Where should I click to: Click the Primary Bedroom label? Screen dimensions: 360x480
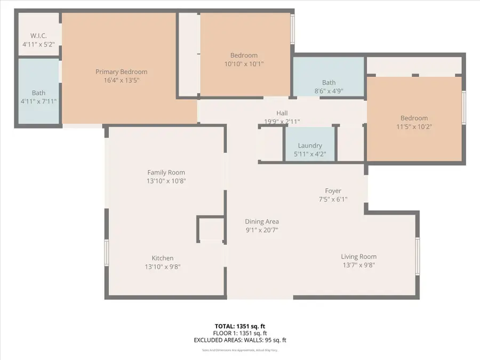tap(121, 72)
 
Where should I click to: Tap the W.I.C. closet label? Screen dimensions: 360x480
tap(38, 36)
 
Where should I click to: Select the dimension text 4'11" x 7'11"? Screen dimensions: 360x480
tap(38, 101)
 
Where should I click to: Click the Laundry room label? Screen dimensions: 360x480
tap(310, 146)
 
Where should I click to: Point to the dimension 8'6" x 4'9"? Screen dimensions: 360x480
tap(329, 91)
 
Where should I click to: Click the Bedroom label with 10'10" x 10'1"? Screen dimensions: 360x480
tap(244, 55)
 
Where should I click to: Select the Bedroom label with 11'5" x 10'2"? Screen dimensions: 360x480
tap(414, 118)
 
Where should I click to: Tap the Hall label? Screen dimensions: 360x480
tap(282, 113)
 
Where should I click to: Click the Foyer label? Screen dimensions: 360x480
tap(333, 191)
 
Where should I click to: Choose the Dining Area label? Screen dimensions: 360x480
tap(262, 222)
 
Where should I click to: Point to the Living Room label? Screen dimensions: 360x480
tap(358, 257)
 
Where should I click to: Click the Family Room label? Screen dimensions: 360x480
tap(166, 172)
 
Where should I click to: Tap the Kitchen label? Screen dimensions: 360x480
tap(162, 258)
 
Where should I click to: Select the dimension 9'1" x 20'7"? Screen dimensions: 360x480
tap(262, 230)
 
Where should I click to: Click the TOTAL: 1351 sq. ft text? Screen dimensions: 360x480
tap(239, 326)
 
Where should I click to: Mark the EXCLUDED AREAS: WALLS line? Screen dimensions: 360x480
tap(239, 340)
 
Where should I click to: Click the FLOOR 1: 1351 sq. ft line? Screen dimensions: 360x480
tap(239, 333)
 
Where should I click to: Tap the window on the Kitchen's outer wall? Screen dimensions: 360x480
tap(107, 252)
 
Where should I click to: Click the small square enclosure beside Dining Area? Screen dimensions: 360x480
tap(210, 228)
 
